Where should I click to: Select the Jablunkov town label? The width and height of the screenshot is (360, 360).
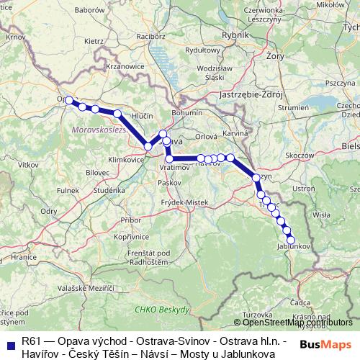292,246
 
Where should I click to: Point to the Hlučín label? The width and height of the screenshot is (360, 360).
143,115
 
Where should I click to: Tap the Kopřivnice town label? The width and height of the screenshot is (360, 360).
130,236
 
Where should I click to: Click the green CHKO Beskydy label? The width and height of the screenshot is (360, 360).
161,309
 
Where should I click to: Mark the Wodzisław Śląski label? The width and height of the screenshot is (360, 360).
197,72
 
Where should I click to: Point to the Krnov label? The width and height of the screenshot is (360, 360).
15,36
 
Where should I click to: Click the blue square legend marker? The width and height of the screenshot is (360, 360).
11,339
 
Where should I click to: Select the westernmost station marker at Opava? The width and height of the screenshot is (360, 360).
70,101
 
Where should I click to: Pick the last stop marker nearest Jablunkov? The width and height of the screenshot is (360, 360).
291,240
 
